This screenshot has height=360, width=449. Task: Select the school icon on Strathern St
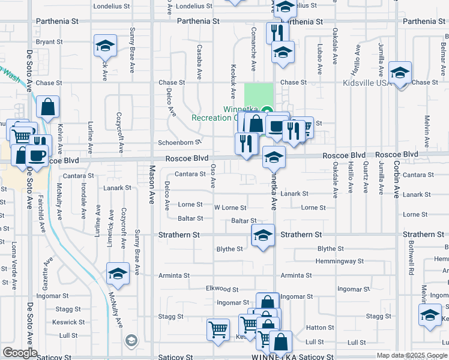click(x=263, y=236)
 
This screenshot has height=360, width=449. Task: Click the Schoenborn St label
click(x=178, y=143)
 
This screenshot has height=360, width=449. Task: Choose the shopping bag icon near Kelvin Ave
click(x=48, y=108)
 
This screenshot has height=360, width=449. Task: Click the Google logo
click(x=20, y=353)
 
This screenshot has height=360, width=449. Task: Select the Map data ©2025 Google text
click(x=411, y=355)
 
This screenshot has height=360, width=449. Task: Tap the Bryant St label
click(x=49, y=42)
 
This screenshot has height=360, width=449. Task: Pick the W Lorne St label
click(x=231, y=208)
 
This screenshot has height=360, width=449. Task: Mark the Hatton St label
click(x=320, y=328)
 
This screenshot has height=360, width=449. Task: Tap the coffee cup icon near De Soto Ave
click(x=37, y=156)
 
